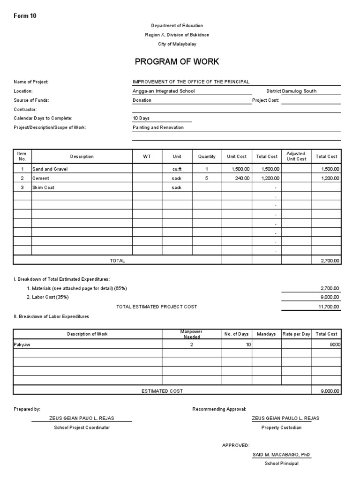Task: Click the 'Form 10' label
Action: pyautogui.click(x=25, y=16)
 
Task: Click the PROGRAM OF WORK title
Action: pyautogui.click(x=177, y=62)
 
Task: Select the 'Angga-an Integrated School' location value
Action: pyautogui.click(x=164, y=91)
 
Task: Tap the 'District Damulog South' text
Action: pyautogui.click(x=291, y=91)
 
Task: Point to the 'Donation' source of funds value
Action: pyautogui.click(x=142, y=100)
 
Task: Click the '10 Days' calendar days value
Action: pyautogui.click(x=141, y=118)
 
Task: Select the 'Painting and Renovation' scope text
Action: pyautogui.click(x=158, y=127)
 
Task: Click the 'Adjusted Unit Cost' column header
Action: pyautogui.click(x=296, y=157)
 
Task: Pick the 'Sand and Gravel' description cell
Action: pyautogui.click(x=50, y=169)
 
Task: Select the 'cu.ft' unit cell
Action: pyautogui.click(x=176, y=169)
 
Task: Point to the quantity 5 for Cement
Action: pyautogui.click(x=207, y=178)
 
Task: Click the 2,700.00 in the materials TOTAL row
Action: pyautogui.click(x=330, y=261)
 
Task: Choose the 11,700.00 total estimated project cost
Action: pyautogui.click(x=330, y=307)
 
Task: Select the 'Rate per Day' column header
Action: pyautogui.click(x=296, y=334)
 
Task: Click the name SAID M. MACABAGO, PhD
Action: pyautogui.click(x=281, y=455)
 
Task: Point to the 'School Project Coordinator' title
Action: pyautogui.click(x=82, y=427)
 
